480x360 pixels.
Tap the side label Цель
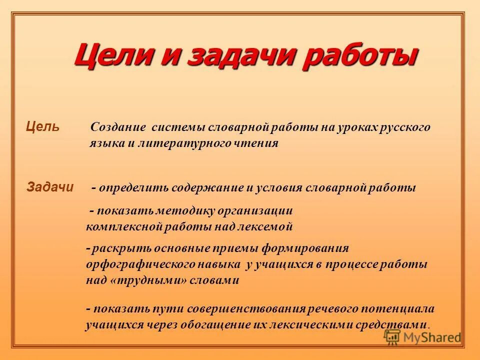(42, 127)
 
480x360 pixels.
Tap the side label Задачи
(49, 187)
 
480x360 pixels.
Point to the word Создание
(118, 127)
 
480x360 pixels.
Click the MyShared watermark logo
(422, 336)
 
